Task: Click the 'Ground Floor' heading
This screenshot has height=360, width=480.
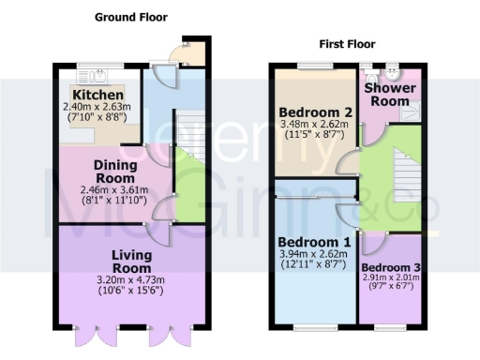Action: coord(133,16)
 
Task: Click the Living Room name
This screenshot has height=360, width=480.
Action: coord(133,262)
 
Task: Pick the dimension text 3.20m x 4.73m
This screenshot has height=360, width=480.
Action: coord(133,279)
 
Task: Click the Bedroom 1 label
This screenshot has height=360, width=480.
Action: coord(315,243)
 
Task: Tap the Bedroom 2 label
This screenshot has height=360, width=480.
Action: coord(315,112)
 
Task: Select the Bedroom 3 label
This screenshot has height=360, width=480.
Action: coord(391,267)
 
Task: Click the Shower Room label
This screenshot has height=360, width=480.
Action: coord(391,95)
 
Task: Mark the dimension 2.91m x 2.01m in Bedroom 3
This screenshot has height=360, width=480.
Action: coord(391,280)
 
